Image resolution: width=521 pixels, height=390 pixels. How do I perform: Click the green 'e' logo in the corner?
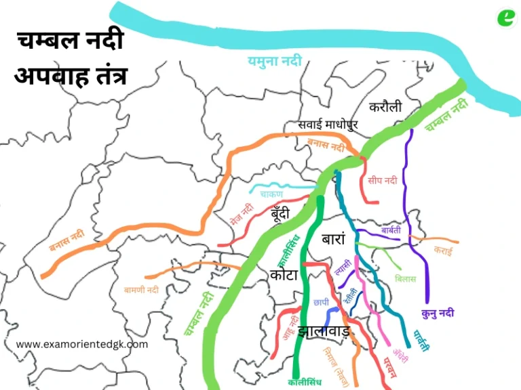click(505, 16)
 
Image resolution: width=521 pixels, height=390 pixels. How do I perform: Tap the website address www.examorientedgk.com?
click(81, 344)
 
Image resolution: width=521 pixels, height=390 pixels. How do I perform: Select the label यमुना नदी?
click(273, 62)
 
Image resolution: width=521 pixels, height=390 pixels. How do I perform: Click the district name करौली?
click(385, 107)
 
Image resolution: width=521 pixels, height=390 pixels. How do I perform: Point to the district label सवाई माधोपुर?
click(328, 125)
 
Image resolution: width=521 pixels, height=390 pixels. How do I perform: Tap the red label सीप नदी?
click(383, 181)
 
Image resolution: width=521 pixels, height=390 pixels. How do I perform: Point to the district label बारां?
click(334, 240)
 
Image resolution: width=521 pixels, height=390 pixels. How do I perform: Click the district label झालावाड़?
click(324, 332)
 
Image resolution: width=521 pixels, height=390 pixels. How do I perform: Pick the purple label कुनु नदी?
click(438, 313)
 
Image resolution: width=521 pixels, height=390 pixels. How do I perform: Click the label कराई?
click(444, 251)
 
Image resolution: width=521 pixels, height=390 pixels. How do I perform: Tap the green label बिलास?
click(405, 279)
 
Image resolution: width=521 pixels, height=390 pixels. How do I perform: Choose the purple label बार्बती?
click(391, 230)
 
